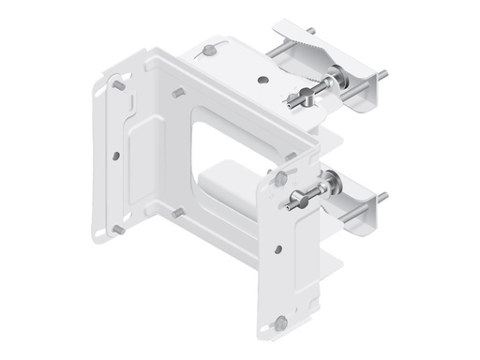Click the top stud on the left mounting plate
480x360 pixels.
pyautogui.click(x=119, y=84)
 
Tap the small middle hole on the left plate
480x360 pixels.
pyautogui.click(x=114, y=155)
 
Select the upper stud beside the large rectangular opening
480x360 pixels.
pyautogui.click(x=177, y=93)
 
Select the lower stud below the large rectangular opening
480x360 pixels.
pyautogui.click(x=176, y=212)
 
